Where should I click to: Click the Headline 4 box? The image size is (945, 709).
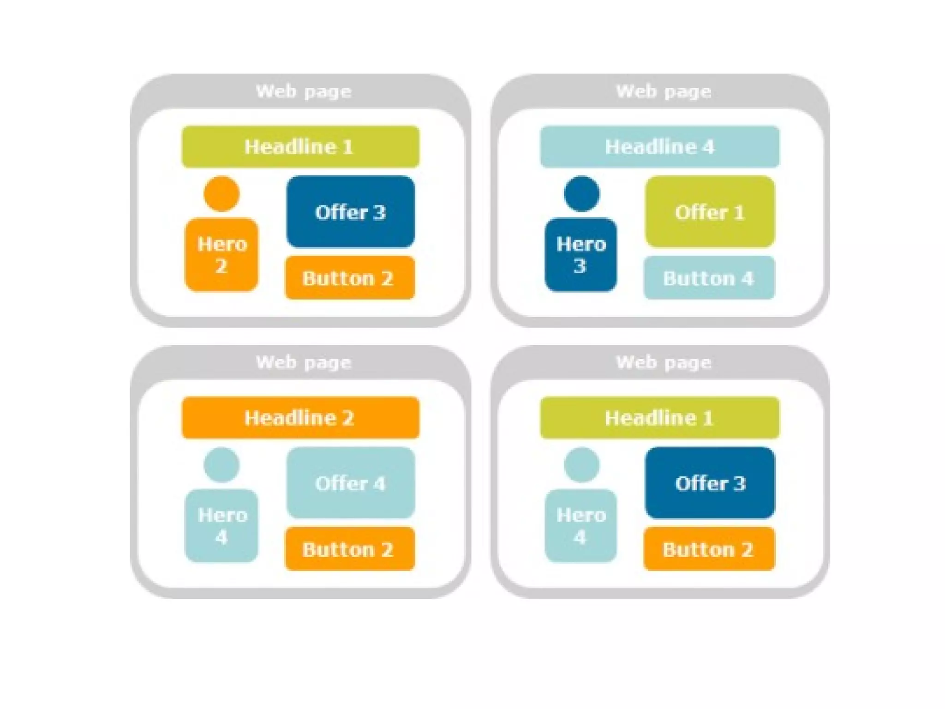660,147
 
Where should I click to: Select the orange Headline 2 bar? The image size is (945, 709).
300,418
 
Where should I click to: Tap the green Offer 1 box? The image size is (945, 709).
710,212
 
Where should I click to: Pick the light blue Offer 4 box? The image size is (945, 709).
350,483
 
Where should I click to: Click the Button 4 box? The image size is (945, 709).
709,278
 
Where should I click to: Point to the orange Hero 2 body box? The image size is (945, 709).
221,255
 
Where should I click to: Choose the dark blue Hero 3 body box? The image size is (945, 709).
580,255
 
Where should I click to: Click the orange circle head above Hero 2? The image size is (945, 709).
221,194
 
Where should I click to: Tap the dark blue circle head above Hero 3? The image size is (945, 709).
581,194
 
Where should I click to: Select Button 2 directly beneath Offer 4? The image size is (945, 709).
349,549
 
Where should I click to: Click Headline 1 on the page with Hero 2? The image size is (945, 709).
300,147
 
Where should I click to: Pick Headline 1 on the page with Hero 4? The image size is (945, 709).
660,418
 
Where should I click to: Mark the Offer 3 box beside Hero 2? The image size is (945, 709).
350,212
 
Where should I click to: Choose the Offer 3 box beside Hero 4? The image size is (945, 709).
710,483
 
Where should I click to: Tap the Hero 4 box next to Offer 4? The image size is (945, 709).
221,526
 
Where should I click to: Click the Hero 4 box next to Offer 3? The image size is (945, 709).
580,526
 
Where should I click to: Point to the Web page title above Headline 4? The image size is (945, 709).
664,91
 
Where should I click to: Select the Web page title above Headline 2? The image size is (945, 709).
304,362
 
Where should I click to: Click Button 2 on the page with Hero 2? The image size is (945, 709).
349,278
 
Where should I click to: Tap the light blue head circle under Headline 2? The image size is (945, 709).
221,465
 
